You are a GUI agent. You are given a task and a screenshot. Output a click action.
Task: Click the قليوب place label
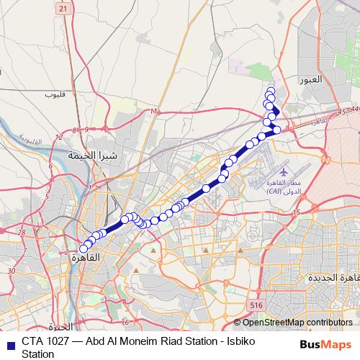[55, 94]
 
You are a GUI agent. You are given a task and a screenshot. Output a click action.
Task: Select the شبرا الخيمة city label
[92, 155]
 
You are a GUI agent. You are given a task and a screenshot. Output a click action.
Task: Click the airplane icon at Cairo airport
[283, 174]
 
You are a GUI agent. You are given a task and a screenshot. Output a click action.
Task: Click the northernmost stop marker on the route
[271, 91]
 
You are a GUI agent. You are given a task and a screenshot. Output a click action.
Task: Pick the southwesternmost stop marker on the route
[84, 248]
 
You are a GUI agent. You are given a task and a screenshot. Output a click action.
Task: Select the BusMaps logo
[326, 345]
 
